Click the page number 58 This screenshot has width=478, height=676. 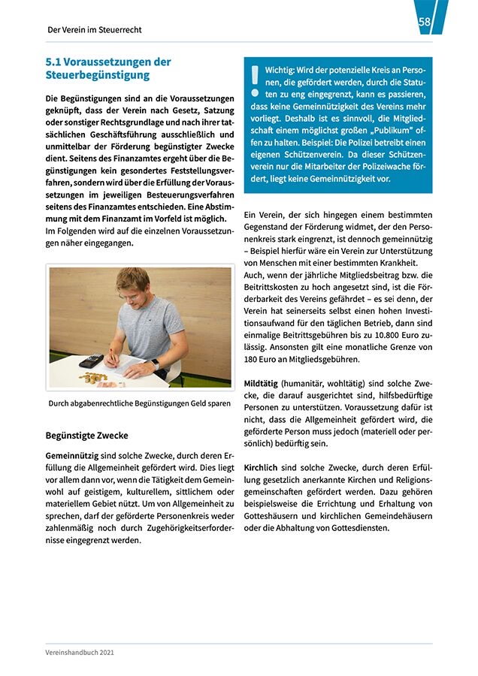pyautogui.click(x=425, y=23)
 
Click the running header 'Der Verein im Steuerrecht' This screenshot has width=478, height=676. pyautogui.click(x=94, y=30)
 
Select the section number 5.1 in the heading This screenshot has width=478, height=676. pyautogui.click(x=54, y=62)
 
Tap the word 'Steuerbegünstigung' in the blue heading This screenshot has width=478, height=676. pyautogui.click(x=97, y=75)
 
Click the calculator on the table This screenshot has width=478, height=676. pyautogui.click(x=91, y=361)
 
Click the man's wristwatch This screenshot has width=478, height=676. pyautogui.click(x=156, y=364)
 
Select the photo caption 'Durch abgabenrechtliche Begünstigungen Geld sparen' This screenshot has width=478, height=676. pyautogui.click(x=139, y=404)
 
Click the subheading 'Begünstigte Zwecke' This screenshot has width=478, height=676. pyautogui.click(x=86, y=436)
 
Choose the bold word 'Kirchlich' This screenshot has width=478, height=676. pyautogui.click(x=262, y=467)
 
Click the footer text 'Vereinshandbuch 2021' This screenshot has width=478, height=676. pyautogui.click(x=79, y=653)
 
